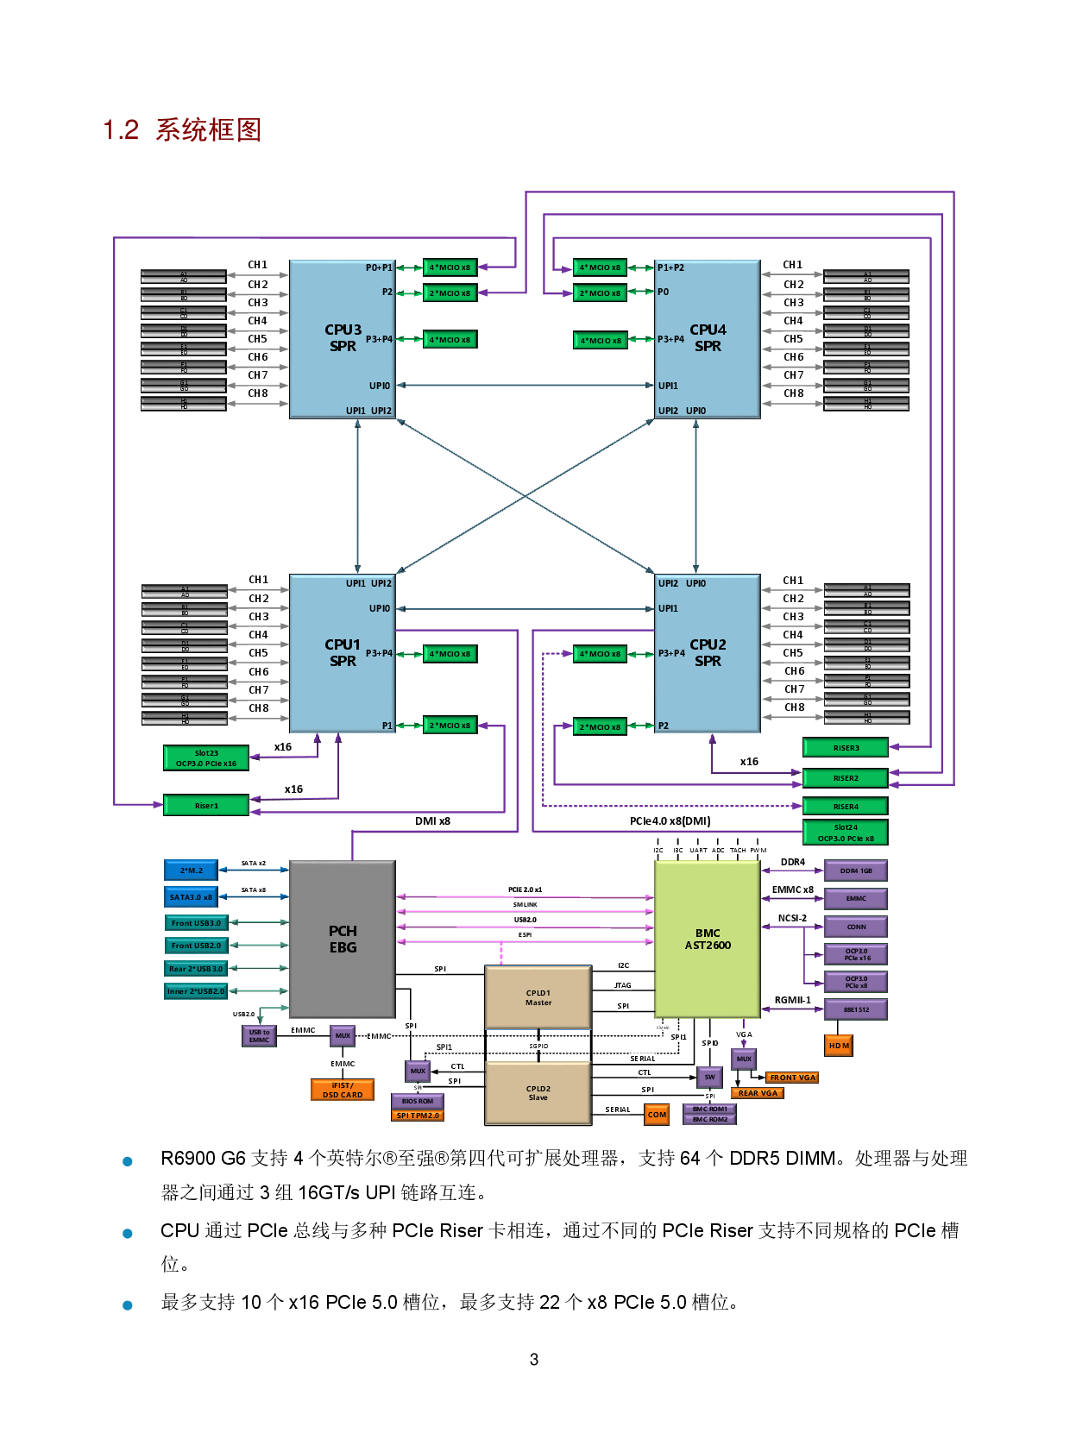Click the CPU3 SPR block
(343, 338)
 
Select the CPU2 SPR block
(708, 653)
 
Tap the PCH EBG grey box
(343, 939)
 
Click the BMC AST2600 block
(708, 939)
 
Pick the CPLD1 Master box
(538, 997)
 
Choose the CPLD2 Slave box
(538, 1092)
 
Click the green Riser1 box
(206, 805)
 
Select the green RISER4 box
(845, 807)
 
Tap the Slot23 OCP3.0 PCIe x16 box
(206, 757)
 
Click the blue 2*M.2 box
(191, 871)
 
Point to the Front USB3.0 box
(196, 923)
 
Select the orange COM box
(657, 1115)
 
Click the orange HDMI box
(839, 1045)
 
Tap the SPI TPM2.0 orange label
(418, 1116)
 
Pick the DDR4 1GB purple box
(855, 871)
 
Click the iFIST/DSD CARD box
(343, 1090)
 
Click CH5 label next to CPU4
(793, 339)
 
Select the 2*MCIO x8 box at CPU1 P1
(450, 726)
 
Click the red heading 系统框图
(208, 130)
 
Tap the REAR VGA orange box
(758, 1093)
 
